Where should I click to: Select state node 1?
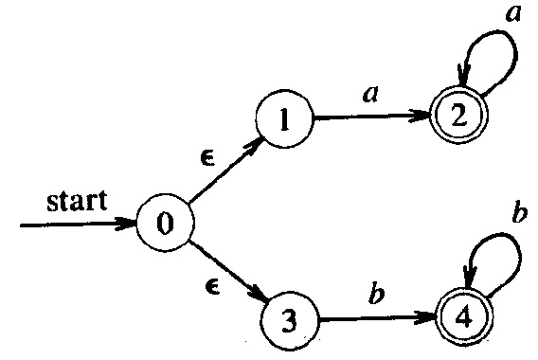point(282,123)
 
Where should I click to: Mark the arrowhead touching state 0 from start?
point(130,225)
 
